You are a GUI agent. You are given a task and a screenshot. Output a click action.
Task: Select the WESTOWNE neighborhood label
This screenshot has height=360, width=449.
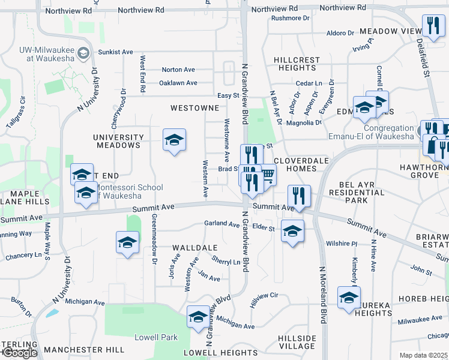[x=194, y=109]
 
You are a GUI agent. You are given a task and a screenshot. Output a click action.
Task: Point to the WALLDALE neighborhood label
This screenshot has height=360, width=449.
[x=194, y=247]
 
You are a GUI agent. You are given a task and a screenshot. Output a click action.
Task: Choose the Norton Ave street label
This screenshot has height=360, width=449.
[x=178, y=70]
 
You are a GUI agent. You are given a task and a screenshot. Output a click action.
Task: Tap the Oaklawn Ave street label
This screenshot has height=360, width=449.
[x=178, y=83]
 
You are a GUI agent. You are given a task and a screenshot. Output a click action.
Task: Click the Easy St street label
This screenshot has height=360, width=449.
[x=228, y=95]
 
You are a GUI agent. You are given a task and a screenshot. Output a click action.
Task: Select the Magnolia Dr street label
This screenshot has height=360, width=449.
[x=304, y=122]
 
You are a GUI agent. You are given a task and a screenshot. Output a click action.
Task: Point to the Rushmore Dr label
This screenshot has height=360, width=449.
[x=290, y=18]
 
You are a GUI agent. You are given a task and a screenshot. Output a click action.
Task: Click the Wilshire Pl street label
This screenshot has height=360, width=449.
[x=342, y=244]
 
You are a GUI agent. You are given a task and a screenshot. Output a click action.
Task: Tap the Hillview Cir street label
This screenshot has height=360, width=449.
[x=265, y=296]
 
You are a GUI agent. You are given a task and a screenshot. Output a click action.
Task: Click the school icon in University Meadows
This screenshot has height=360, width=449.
[x=174, y=140]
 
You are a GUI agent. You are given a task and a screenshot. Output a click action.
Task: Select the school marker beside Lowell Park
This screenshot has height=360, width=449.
[x=198, y=317]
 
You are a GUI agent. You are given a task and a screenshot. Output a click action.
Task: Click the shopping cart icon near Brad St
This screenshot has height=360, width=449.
[x=267, y=175]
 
